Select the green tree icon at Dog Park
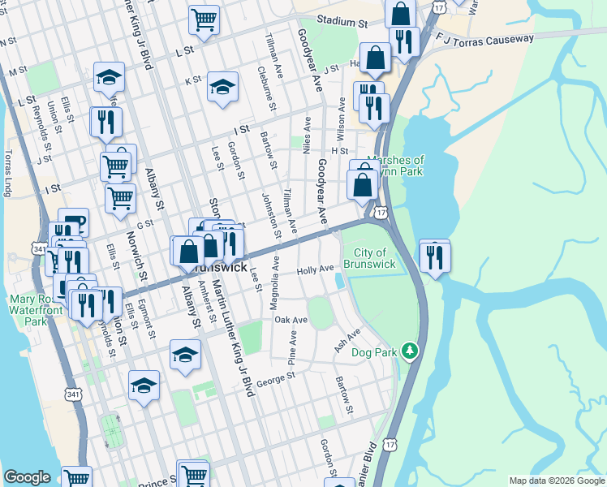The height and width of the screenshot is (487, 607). pos(411,351)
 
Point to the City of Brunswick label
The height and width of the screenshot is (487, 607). pos(369,259)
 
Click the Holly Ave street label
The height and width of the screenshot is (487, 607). pos(316,269)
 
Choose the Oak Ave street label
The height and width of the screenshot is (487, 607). pos(291,321)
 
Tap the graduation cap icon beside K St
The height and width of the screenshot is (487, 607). pos(222,87)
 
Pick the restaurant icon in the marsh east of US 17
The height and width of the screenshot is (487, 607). pos(435,256)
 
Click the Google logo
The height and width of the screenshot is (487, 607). pos(28,477)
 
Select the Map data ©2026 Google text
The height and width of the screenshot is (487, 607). pos(556,481)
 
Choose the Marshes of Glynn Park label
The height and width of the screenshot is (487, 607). pos(395,166)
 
